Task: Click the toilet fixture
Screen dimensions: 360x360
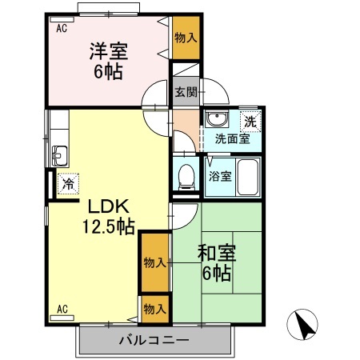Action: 186,177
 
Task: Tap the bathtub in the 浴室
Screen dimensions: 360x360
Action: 248,178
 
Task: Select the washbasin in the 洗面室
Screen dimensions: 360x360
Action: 217,118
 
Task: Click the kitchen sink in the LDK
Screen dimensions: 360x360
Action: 60,156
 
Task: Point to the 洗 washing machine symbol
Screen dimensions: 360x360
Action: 250,122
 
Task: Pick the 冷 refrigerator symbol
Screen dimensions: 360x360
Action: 68,184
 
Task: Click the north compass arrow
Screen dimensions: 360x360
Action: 303,324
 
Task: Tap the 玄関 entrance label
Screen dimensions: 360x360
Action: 186,92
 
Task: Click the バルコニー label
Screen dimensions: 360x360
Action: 154,340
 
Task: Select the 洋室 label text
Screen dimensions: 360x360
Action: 108,51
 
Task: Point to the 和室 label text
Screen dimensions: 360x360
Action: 217,253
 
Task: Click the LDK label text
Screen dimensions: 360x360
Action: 109,206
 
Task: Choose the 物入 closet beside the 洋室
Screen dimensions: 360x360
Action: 186,38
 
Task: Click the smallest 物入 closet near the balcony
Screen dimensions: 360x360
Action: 155,309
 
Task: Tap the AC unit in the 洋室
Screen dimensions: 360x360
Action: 62,19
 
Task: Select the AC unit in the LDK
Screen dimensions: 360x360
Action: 62,318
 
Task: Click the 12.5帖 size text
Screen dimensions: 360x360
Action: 108,226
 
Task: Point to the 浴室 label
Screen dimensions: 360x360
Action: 220,176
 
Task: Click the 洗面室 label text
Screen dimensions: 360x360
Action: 232,139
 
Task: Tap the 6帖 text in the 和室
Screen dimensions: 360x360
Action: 217,273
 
